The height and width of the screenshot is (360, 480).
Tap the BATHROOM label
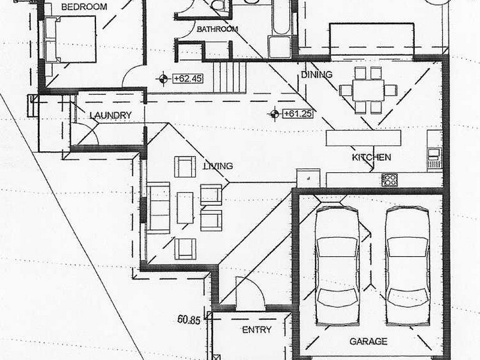217,29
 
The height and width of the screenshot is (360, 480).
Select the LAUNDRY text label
110,115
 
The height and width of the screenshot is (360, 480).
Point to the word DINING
316,74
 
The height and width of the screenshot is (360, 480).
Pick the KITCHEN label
371,157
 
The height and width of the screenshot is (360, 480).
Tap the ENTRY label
256,329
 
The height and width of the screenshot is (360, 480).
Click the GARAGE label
368,341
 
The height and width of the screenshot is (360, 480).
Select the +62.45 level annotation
186,78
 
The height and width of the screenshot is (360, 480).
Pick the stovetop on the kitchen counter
389,179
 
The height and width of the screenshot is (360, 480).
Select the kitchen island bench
363,138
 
